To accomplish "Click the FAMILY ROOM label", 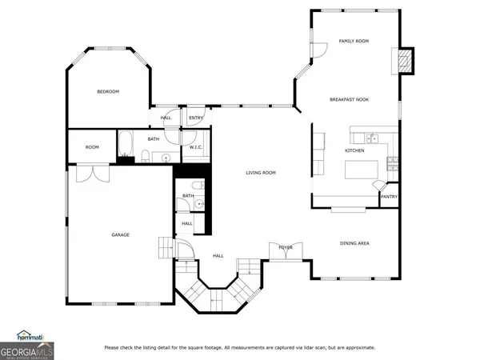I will click(x=353, y=41).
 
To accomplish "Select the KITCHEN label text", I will click(x=354, y=150).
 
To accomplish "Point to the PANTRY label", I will click(x=389, y=197).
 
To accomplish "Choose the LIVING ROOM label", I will click(x=261, y=173).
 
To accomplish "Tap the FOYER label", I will click(x=285, y=247).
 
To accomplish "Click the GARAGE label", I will click(x=120, y=234).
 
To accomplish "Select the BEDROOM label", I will click(x=108, y=92).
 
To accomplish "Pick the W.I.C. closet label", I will click(x=195, y=148).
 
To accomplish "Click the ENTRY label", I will click(x=195, y=118).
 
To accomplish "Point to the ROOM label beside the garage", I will click(x=93, y=147).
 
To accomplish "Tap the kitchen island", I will click(x=360, y=170).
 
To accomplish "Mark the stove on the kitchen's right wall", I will click(x=392, y=164).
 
